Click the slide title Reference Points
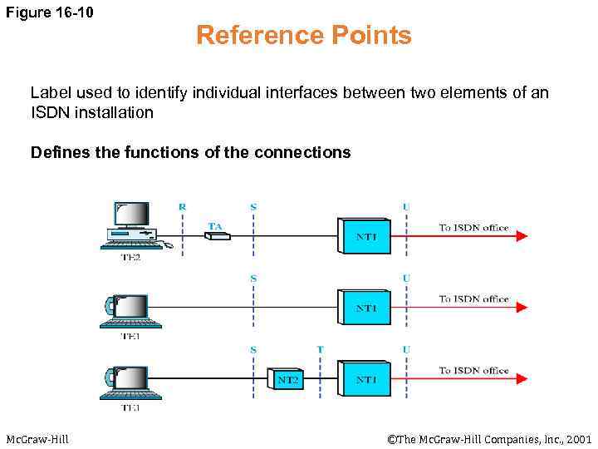(303, 36)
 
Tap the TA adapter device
(218, 236)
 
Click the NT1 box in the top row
(365, 235)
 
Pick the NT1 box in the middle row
(365, 307)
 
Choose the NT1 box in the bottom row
(365, 378)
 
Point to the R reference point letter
(183, 206)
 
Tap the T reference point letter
(320, 349)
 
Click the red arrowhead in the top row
(521, 236)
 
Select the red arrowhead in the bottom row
(521, 379)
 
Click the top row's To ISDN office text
(473, 228)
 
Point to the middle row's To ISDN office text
(473, 299)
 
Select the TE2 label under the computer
(131, 258)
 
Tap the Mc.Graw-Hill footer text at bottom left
(37, 438)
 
